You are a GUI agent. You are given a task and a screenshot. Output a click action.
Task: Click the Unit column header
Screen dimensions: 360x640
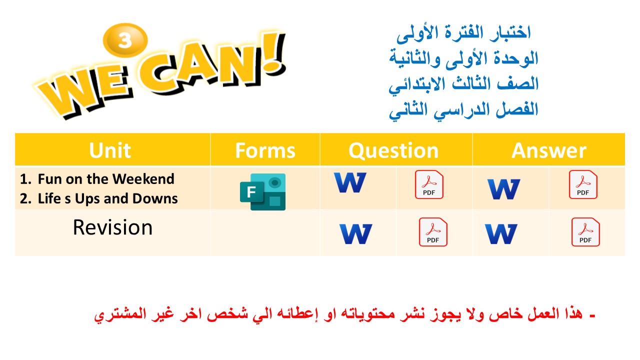(x=110, y=150)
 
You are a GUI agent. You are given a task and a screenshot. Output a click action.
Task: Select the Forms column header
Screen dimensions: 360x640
(x=265, y=150)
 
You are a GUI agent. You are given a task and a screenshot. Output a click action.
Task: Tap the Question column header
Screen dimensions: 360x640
(x=393, y=150)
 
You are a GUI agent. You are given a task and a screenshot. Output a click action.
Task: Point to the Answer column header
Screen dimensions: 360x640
(x=548, y=150)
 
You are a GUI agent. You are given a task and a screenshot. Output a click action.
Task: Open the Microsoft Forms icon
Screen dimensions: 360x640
(x=262, y=191)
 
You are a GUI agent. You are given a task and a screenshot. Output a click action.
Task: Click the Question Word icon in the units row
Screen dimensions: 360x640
(x=350, y=183)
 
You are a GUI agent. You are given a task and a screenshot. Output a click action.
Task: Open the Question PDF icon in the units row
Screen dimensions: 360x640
(x=429, y=184)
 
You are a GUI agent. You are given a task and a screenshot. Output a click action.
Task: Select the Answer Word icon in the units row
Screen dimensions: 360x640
(x=503, y=189)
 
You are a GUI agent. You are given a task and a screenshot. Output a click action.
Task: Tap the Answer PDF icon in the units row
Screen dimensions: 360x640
(x=583, y=184)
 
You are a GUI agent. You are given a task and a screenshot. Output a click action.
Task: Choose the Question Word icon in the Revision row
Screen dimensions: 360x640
(x=355, y=234)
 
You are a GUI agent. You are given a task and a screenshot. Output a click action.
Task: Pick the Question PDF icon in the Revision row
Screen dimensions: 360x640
(x=433, y=232)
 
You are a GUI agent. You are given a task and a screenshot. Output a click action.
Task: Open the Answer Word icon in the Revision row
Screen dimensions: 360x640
(x=501, y=234)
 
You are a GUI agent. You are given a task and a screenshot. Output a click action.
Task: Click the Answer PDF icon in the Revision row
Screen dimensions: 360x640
(x=585, y=232)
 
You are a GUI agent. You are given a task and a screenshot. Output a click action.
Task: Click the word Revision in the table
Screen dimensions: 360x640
(x=112, y=227)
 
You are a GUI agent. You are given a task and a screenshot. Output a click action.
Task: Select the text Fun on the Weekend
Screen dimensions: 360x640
(x=106, y=179)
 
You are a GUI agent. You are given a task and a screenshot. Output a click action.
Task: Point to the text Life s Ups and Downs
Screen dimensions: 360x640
(x=107, y=198)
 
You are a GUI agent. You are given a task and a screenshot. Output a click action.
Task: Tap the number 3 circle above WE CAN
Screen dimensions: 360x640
(x=124, y=40)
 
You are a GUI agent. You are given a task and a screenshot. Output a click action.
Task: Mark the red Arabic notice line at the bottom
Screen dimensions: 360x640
(x=345, y=315)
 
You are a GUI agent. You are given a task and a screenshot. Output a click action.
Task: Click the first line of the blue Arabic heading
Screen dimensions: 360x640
(x=463, y=33)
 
